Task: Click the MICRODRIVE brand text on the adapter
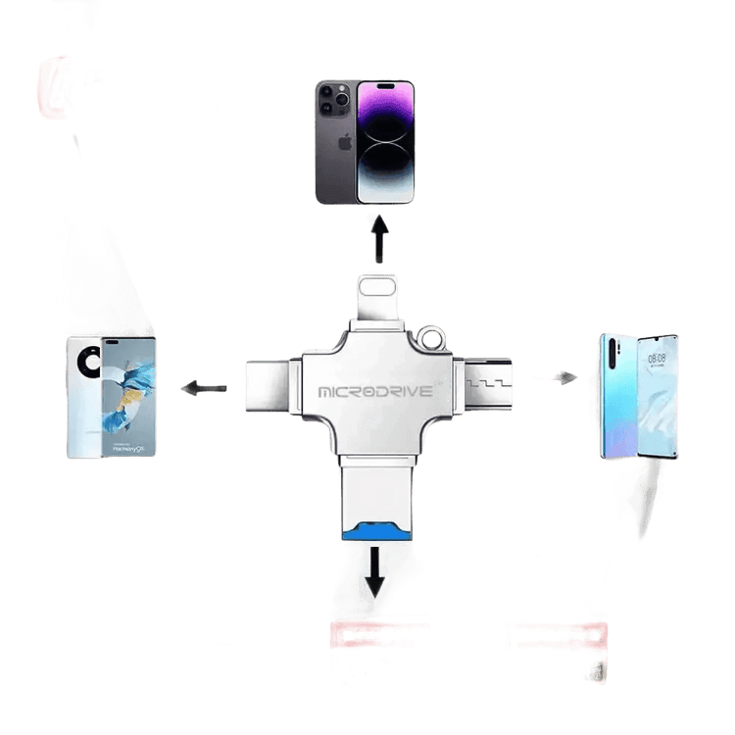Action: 375,391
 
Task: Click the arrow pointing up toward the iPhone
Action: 379,240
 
